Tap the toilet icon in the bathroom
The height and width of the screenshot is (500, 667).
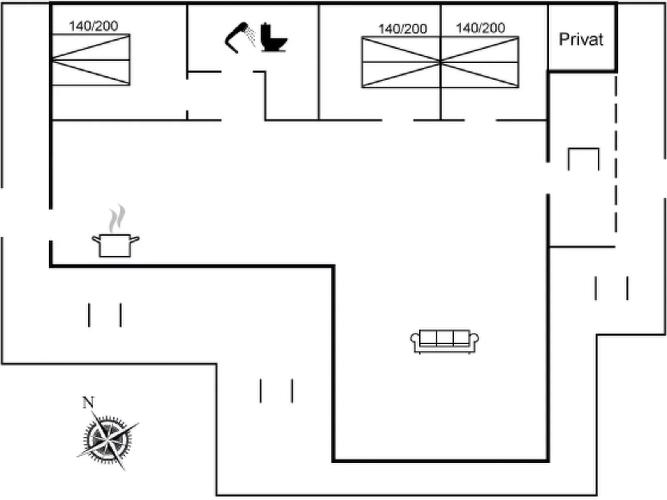pyautogui.click(x=273, y=38)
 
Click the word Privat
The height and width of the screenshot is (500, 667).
pyautogui.click(x=581, y=39)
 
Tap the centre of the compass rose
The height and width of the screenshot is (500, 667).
pyautogui.click(x=108, y=439)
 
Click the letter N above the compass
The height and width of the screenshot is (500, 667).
pyautogui.click(x=88, y=402)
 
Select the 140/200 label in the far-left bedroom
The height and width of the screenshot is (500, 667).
pyautogui.click(x=93, y=26)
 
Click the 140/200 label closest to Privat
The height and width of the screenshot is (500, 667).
pyautogui.click(x=481, y=28)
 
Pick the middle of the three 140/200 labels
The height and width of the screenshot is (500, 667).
pyautogui.click(x=402, y=29)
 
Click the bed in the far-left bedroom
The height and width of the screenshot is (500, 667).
pyautogui.click(x=91, y=60)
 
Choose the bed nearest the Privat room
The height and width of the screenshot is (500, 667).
pyautogui.click(x=480, y=62)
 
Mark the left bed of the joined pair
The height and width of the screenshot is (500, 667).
pyautogui.click(x=401, y=62)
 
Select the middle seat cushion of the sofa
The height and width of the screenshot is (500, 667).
pyautogui.click(x=444, y=337)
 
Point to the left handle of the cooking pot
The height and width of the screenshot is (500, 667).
pyautogui.click(x=96, y=239)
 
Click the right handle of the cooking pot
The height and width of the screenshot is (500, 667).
pyautogui.click(x=135, y=239)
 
